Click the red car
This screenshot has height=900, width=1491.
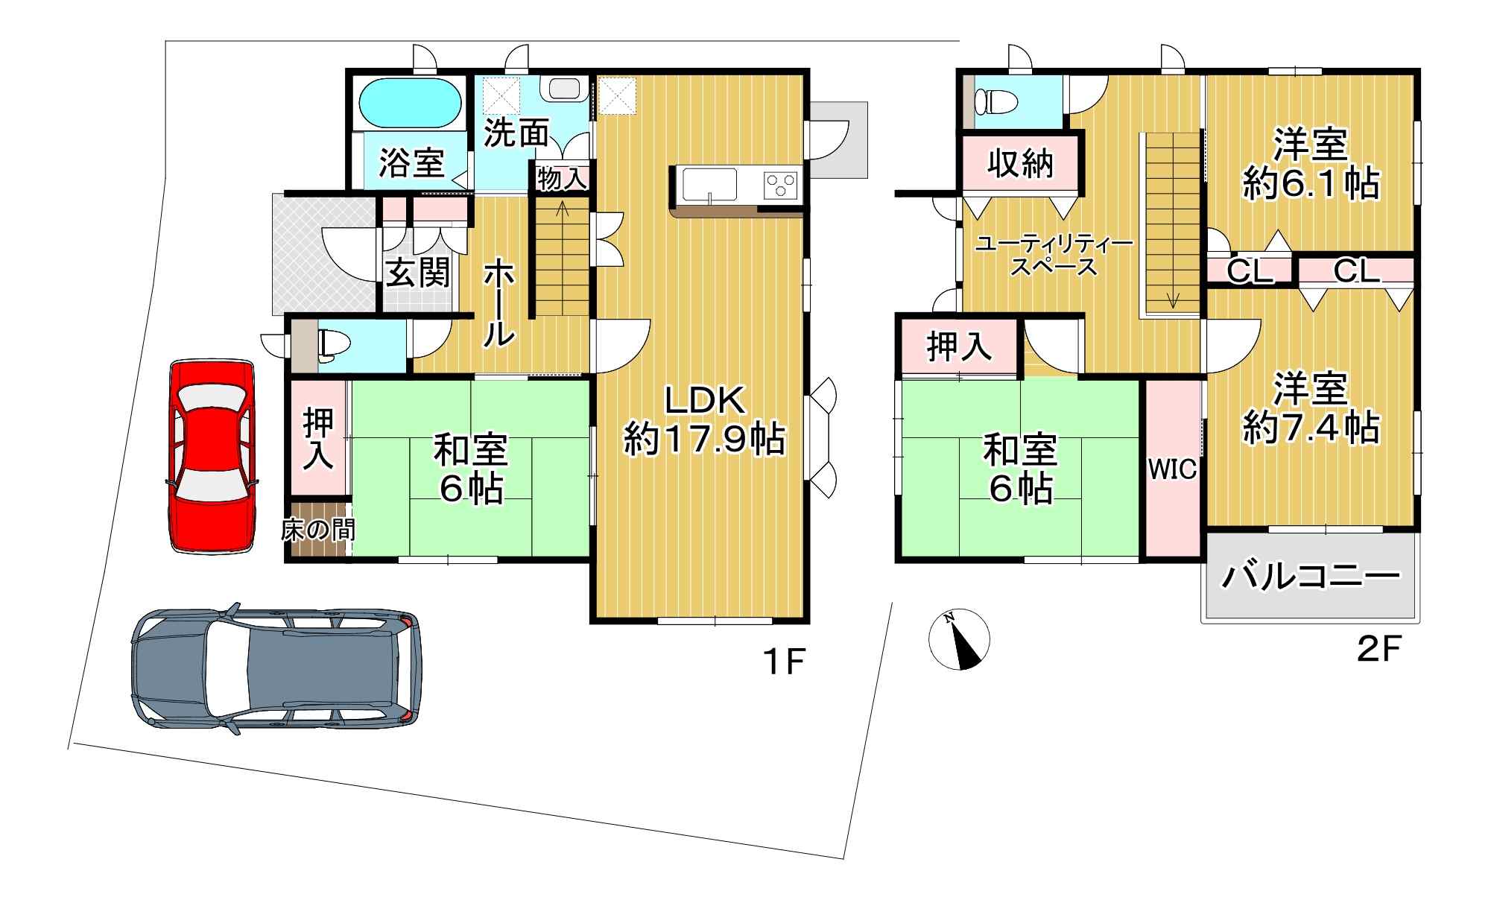pyautogui.click(x=212, y=457)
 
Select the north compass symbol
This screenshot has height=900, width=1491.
pyautogui.click(x=959, y=638)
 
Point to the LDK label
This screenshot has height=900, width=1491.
pyautogui.click(x=704, y=402)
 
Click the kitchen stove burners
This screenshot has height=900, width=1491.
pyautogui.click(x=780, y=185)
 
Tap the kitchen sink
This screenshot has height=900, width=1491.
pyautogui.click(x=709, y=185)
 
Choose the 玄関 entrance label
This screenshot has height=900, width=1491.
pyautogui.click(x=418, y=273)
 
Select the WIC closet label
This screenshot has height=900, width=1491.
pyautogui.click(x=1172, y=469)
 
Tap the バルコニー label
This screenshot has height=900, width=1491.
pyautogui.click(x=1310, y=577)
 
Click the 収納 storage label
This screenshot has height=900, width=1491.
pyautogui.click(x=1020, y=162)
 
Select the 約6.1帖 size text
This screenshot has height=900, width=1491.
pyautogui.click(x=1310, y=183)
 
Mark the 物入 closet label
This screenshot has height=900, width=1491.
pyautogui.click(x=563, y=179)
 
